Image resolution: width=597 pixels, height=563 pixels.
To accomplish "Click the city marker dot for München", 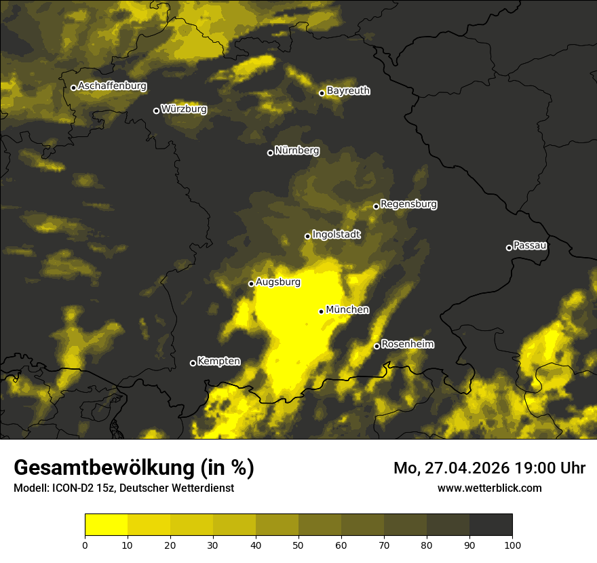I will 321,311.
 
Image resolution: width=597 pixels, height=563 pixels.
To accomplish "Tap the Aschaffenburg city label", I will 112,86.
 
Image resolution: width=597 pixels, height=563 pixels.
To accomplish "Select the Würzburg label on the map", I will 184,109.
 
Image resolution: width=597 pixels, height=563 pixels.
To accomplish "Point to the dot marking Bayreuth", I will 322,93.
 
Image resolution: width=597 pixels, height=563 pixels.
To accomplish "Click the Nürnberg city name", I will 297,151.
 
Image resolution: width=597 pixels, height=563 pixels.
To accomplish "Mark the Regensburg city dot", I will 376,206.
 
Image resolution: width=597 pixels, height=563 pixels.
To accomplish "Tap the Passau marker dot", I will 509,248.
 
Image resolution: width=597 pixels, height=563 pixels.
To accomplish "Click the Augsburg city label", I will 277,282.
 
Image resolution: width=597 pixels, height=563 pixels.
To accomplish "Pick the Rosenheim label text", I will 407,345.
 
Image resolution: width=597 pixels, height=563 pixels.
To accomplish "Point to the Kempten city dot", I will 193,363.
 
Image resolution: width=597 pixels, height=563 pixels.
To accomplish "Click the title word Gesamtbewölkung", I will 102,468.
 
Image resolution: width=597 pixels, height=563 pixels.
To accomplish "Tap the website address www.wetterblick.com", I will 489,488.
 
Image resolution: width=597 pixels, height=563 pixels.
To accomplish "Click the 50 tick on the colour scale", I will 298,545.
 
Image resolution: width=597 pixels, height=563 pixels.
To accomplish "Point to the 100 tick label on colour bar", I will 512,545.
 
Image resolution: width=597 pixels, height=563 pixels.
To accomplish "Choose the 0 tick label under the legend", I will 85,545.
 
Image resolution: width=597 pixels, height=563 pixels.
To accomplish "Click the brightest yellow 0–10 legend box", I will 106,525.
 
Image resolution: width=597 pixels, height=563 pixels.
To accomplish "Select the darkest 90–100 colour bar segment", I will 490,525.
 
